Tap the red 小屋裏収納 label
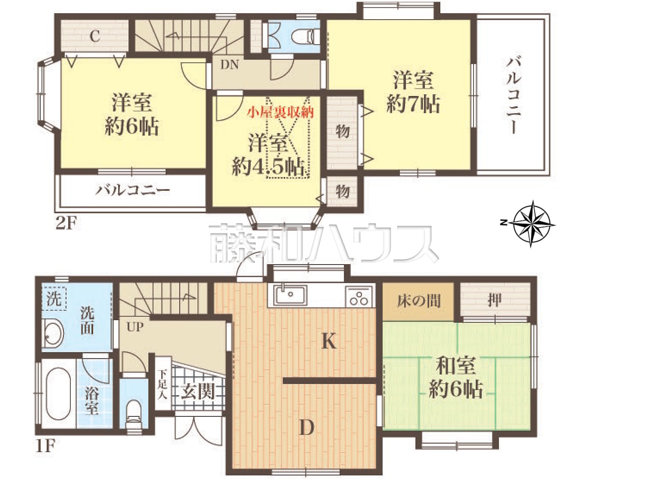tap(281, 112)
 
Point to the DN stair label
tap(229, 65)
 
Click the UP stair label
tap(135, 327)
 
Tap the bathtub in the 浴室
tap(59, 393)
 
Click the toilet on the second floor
tap(306, 38)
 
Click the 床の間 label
tap(419, 301)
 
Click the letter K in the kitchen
tap(329, 342)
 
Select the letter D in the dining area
tap(307, 428)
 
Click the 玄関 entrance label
tap(198, 392)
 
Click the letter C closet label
tap(95, 36)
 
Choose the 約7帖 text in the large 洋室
tap(413, 104)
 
